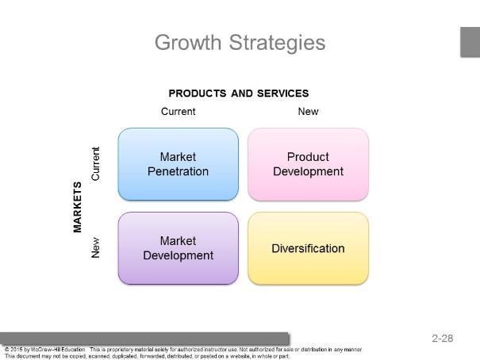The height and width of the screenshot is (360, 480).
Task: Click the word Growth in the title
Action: point(188,43)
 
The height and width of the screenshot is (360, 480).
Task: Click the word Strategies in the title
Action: point(278,43)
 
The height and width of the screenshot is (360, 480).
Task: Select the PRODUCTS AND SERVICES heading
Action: point(239,94)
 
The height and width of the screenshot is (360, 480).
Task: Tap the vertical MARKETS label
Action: point(78,207)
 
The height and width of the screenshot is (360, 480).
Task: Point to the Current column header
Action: point(179,111)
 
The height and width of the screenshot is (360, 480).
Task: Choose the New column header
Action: point(309,111)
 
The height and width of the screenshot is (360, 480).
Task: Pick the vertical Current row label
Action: point(95,163)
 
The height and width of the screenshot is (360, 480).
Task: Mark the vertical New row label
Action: point(95,247)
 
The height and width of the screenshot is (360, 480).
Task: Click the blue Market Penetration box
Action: point(179,164)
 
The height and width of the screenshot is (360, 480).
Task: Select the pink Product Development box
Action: point(309,164)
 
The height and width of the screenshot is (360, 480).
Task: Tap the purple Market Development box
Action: point(179,248)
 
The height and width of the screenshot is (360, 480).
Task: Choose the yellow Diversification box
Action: point(309,248)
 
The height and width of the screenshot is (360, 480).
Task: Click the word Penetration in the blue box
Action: point(178,171)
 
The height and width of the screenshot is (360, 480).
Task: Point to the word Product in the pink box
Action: point(308,157)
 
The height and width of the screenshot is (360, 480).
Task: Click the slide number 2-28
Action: point(443,339)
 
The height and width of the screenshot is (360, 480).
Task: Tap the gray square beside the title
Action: point(470,42)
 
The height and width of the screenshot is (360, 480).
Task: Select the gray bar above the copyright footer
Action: point(144,339)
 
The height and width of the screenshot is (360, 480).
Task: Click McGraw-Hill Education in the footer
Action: point(58,349)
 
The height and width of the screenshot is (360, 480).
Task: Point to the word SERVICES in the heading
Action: point(283,94)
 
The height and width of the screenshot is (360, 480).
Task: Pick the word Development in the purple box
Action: point(179,255)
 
